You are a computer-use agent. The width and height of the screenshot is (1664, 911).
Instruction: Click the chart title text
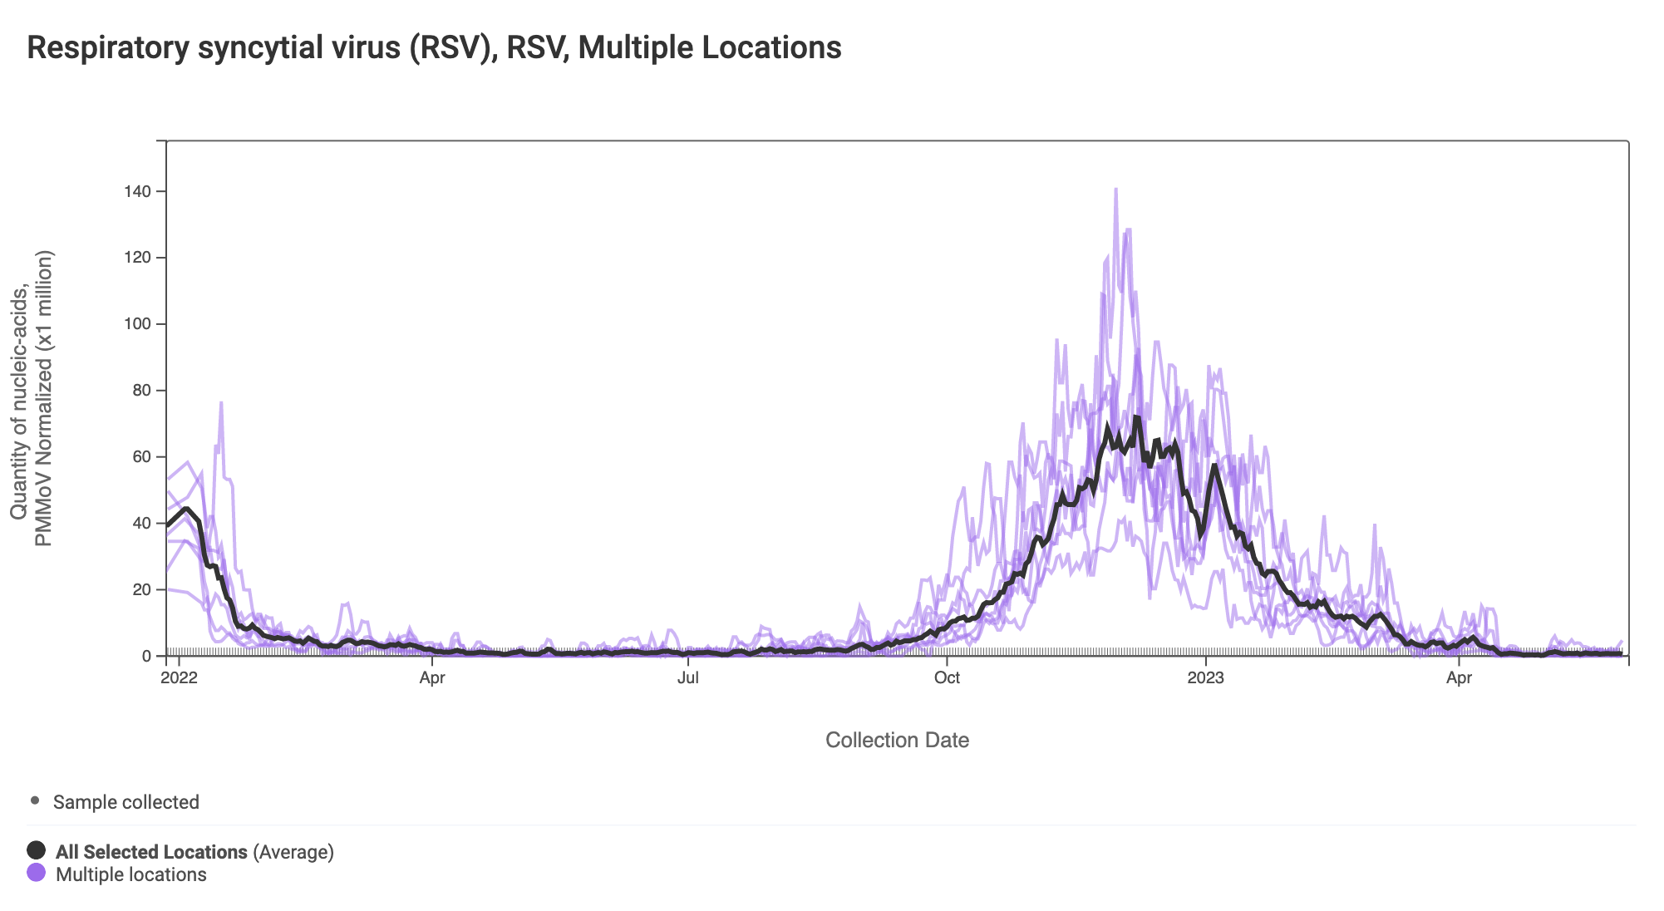(x=434, y=48)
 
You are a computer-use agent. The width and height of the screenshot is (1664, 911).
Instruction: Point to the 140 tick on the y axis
(x=138, y=192)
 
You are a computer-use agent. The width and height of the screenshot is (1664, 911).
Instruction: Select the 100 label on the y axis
(x=138, y=324)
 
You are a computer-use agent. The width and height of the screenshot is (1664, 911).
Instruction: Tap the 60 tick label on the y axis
(x=141, y=457)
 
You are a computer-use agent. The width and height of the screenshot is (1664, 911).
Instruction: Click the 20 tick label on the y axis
(x=141, y=590)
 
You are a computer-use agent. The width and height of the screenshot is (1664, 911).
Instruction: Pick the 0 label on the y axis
(x=146, y=657)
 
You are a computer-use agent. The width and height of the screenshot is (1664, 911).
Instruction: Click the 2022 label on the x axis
(x=179, y=677)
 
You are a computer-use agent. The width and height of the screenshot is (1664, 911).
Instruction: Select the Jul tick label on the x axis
(x=688, y=677)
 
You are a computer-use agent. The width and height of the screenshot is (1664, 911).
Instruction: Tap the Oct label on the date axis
(x=947, y=677)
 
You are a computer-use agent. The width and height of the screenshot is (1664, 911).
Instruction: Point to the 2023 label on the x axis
(x=1205, y=677)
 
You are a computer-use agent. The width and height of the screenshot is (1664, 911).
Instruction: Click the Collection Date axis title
(x=897, y=740)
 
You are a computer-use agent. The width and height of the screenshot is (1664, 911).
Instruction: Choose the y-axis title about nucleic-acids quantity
(x=32, y=399)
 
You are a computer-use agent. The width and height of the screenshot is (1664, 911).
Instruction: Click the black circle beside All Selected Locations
(x=37, y=850)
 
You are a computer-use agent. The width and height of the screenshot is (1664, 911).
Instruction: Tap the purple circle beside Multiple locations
(x=37, y=873)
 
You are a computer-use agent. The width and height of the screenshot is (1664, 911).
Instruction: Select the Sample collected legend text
(x=126, y=802)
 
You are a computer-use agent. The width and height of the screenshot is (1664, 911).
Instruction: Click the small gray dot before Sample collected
(x=35, y=800)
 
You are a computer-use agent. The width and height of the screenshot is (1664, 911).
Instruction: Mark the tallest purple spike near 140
(x=1115, y=190)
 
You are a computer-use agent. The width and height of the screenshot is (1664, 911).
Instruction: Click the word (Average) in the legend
(x=293, y=852)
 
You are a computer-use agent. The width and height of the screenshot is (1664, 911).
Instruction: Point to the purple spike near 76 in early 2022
(x=221, y=404)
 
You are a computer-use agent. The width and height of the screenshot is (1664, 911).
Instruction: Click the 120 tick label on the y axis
(x=138, y=258)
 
